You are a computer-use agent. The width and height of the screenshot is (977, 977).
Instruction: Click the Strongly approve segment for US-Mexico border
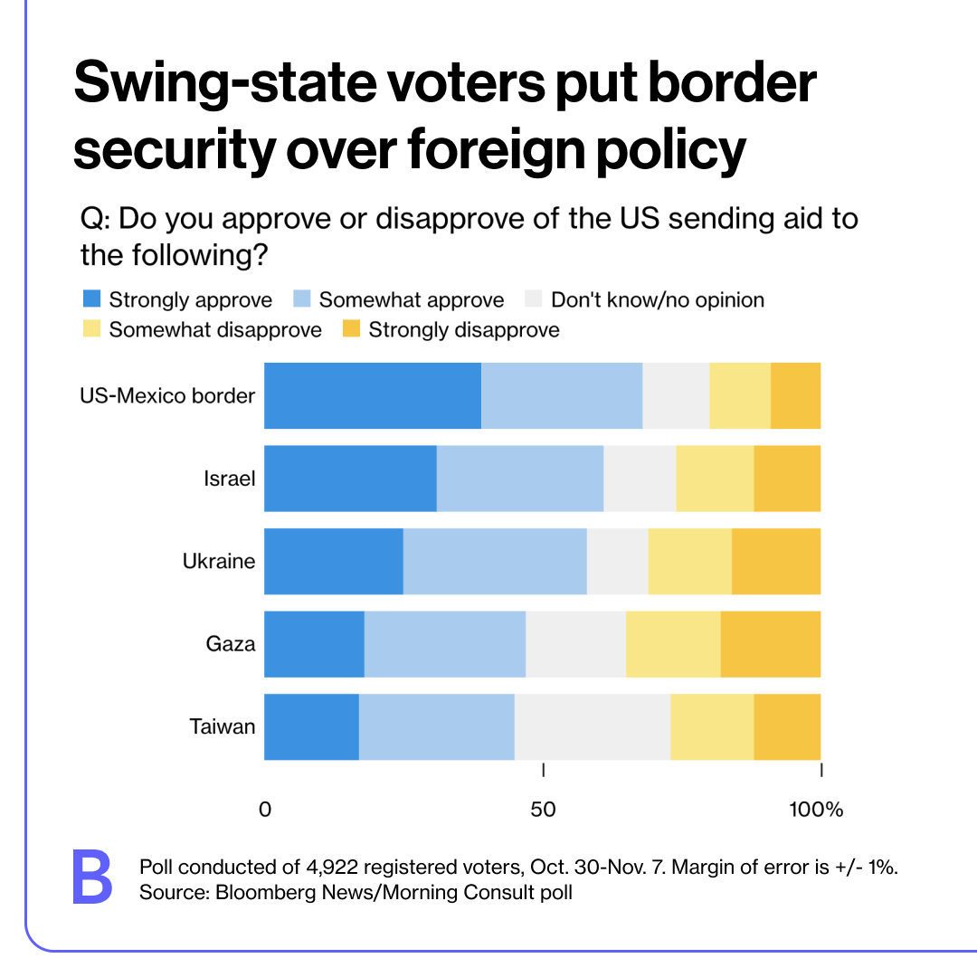pos(372,395)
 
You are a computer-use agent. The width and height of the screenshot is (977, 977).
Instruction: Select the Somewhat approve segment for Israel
pos(519,479)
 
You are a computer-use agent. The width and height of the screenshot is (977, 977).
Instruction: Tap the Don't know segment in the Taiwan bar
pos(592,726)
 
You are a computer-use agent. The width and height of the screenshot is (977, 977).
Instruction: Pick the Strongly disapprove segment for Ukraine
pos(775,561)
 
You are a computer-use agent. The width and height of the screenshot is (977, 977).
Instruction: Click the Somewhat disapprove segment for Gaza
pos(672,644)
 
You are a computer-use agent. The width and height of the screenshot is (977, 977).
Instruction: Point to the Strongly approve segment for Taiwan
pos(311,726)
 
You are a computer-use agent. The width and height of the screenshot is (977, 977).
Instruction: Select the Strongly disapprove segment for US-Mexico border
pos(795,395)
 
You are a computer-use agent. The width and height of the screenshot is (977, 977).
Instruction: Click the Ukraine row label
pos(218,562)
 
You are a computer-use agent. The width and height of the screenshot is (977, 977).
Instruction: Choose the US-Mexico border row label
pos(167,396)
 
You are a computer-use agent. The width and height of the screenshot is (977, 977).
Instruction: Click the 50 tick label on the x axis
pos(543,810)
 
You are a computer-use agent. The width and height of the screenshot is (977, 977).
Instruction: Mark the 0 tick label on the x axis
pos(265,810)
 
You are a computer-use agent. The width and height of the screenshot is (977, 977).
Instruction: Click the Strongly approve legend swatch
pos(91,299)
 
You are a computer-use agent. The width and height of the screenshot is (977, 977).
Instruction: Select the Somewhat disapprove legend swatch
pos(91,329)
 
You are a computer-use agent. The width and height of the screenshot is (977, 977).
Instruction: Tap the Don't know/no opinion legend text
pos(658,299)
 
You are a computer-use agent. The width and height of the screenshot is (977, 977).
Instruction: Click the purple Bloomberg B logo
pos(92,877)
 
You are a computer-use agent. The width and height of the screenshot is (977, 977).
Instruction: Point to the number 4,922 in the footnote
pos(328,867)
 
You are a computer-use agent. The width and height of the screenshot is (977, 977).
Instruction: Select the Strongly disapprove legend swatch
pos(352,329)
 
